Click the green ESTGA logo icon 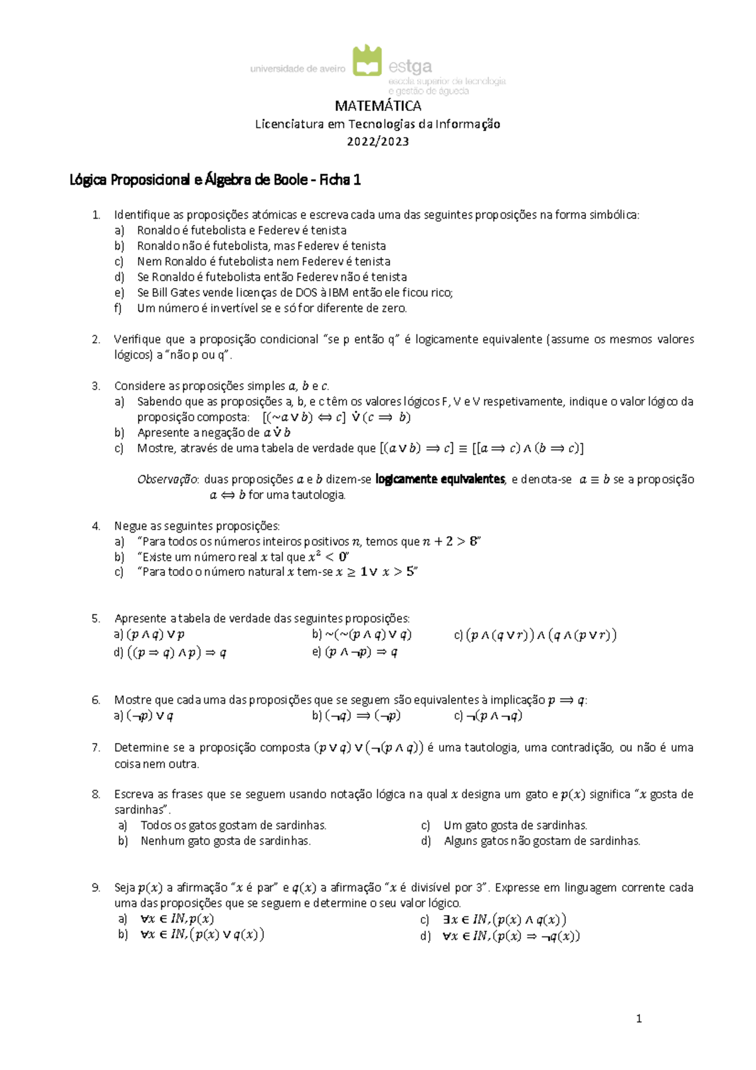coord(367,61)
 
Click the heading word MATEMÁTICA coord(378,106)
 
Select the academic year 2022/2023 coord(378,141)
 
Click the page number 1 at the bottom coord(639,1019)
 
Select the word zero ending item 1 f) coord(394,308)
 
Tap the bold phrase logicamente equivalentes coord(440,480)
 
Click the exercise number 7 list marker coord(96,748)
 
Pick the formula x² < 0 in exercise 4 coord(328,557)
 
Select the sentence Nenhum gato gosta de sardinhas coord(226,841)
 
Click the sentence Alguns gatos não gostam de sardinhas coord(542,841)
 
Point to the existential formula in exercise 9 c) coord(505,920)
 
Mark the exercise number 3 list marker coord(96,386)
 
